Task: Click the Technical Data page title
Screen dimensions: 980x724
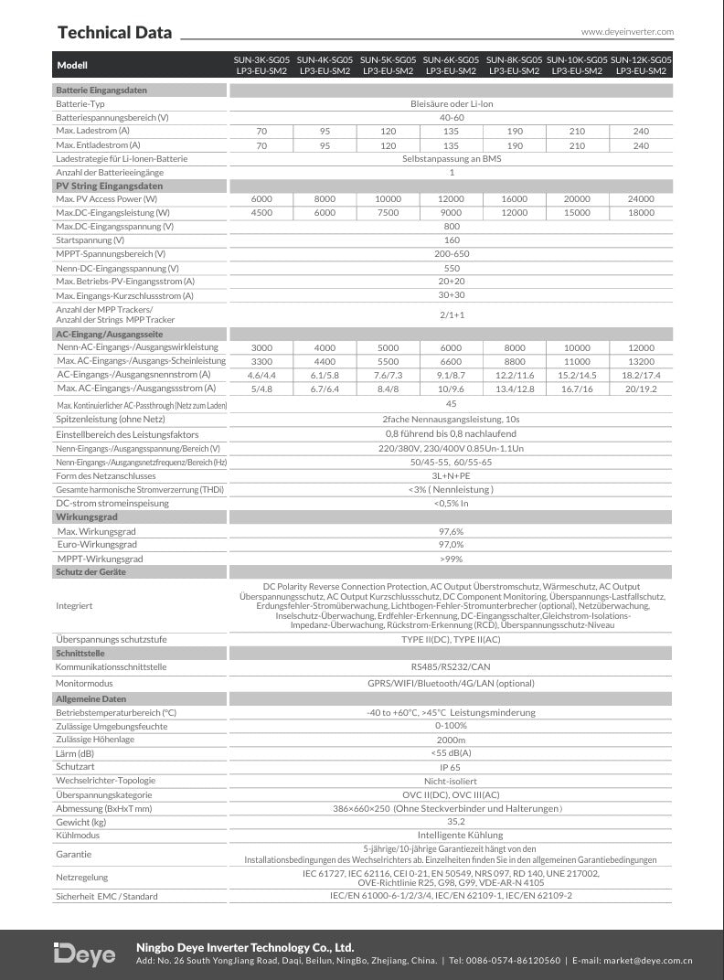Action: point(114,33)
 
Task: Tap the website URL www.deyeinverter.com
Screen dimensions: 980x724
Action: point(627,32)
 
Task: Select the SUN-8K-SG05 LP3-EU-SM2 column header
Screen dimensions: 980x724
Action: point(515,65)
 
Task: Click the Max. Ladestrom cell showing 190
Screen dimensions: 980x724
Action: point(515,132)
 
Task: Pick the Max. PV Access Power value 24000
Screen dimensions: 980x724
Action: point(641,199)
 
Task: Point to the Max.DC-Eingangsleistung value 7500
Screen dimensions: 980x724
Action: point(388,213)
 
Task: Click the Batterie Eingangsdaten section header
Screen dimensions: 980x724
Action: point(101,91)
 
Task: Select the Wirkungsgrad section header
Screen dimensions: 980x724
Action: point(87,517)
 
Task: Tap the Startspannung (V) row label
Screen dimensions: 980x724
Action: point(90,240)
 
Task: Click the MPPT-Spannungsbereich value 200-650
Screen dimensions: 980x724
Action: point(452,253)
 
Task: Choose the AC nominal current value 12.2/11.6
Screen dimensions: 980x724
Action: point(515,375)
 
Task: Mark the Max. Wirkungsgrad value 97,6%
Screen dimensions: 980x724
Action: point(451,531)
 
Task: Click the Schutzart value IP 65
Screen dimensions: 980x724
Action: point(451,767)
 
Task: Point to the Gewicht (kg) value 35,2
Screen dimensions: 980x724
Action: point(451,822)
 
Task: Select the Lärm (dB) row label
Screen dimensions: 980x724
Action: point(75,752)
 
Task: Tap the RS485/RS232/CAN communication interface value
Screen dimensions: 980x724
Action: point(451,667)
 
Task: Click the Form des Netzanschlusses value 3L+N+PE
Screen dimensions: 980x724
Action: point(451,476)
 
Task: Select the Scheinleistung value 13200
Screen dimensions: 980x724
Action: point(641,362)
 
